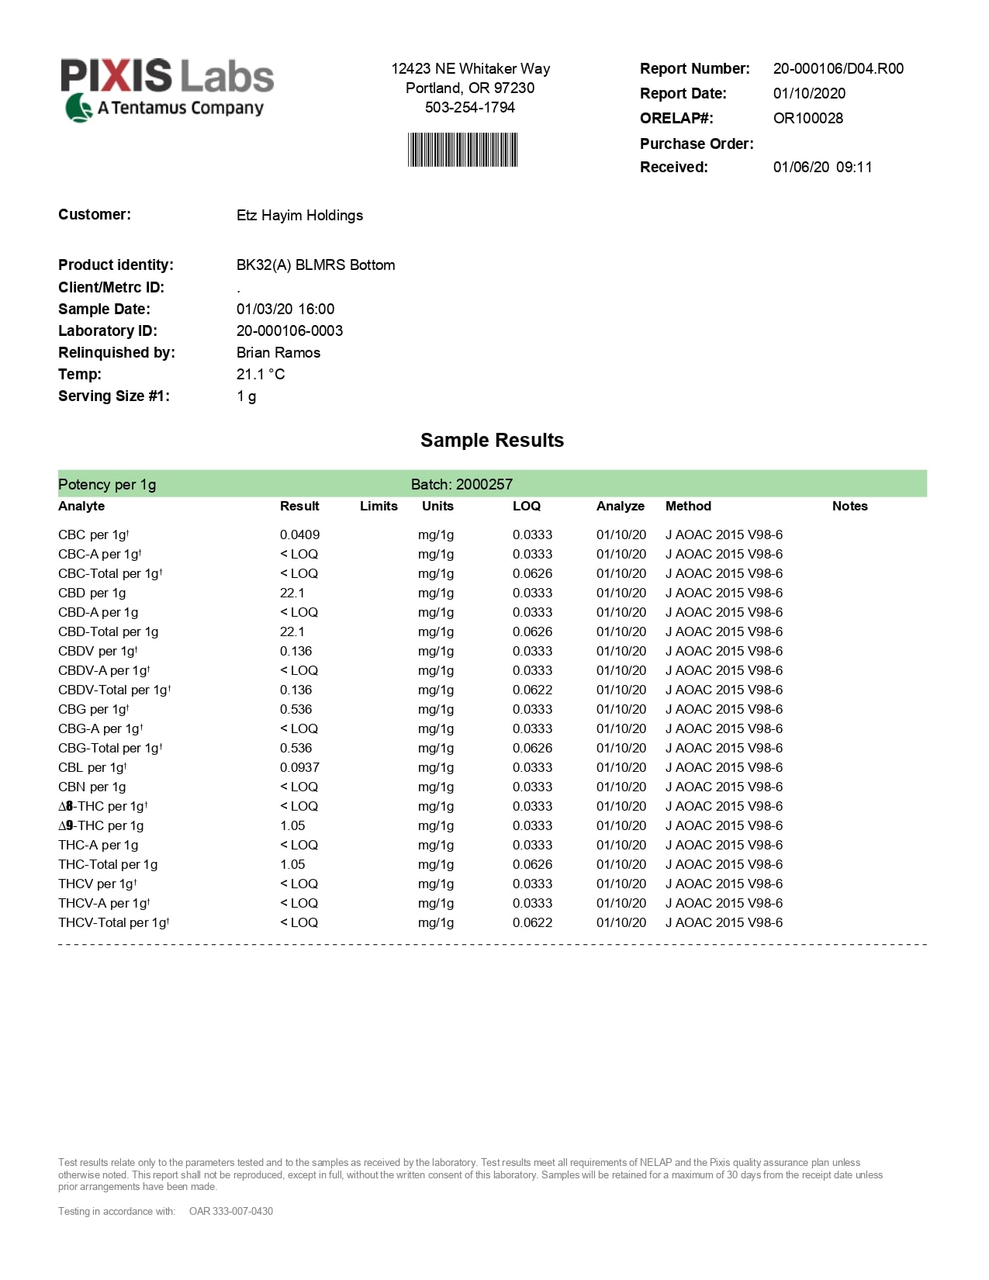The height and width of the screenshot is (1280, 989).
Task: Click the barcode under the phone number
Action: pos(462,150)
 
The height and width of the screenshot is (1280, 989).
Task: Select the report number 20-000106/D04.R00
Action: pos(838,68)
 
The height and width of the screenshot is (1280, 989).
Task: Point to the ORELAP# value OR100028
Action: pos(807,118)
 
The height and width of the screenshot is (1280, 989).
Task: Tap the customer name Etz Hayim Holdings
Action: pos(299,215)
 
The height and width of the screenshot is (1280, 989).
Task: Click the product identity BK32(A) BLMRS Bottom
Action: pos(316,265)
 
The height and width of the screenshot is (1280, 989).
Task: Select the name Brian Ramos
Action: pos(278,352)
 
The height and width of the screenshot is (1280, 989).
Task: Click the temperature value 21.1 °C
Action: pos(261,374)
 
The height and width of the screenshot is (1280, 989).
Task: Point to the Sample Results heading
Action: pos(492,440)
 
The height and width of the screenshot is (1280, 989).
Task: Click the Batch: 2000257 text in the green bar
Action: pos(462,484)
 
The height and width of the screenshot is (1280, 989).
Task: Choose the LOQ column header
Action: pos(526,506)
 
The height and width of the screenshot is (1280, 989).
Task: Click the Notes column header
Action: pos(849,506)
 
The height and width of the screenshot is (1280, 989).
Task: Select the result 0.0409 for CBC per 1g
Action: pos(299,534)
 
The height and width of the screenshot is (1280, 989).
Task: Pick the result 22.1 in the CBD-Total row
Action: pos(292,631)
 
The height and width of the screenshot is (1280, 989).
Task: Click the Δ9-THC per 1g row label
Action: pos(101,825)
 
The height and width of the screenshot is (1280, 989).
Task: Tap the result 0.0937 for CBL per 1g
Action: pos(299,767)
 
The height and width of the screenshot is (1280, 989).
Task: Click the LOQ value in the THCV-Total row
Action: pos(532,922)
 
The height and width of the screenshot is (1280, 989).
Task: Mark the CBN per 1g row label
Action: pos(92,787)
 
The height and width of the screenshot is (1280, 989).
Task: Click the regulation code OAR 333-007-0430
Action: pos(231,1211)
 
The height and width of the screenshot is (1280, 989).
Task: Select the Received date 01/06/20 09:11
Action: pos(822,167)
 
